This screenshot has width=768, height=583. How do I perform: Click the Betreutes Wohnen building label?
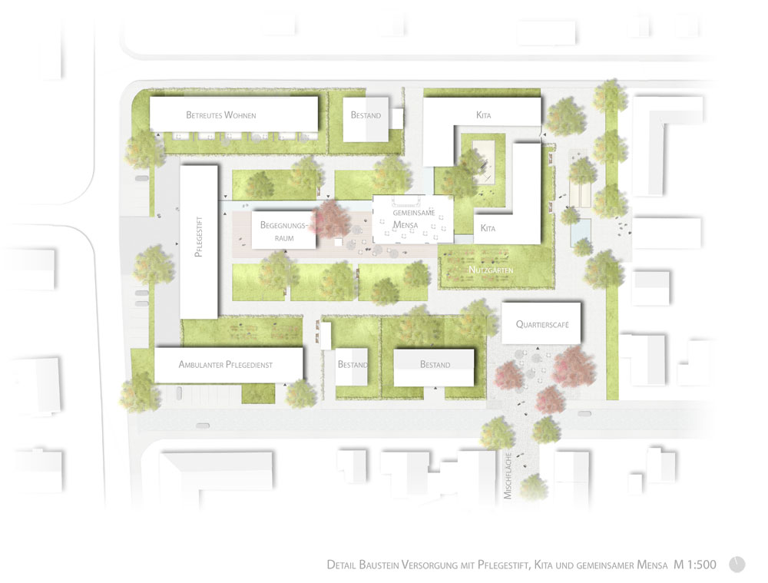pos(221,115)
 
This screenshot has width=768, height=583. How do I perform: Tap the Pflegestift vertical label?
pos(198,237)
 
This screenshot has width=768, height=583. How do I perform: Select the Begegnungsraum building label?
pos(283,231)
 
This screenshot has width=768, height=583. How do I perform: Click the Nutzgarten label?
pos(491,270)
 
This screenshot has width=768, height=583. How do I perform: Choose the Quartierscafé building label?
pos(542,324)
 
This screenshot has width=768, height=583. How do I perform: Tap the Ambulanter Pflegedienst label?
pos(225,365)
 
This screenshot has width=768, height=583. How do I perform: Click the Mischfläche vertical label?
pos(508,476)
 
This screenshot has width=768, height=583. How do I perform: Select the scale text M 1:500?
pos(694,565)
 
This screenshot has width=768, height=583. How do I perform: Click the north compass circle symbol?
pos(737,565)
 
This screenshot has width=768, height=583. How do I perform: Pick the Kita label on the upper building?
pos(483,115)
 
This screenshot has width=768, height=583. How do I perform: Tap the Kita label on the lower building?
pos(488,228)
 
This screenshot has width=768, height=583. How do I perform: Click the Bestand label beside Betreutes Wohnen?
pos(366,115)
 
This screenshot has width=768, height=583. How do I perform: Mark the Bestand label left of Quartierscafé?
pos(435,365)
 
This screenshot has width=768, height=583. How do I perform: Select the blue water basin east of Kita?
pos(581,232)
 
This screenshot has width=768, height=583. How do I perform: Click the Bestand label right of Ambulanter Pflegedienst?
pos(353,365)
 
